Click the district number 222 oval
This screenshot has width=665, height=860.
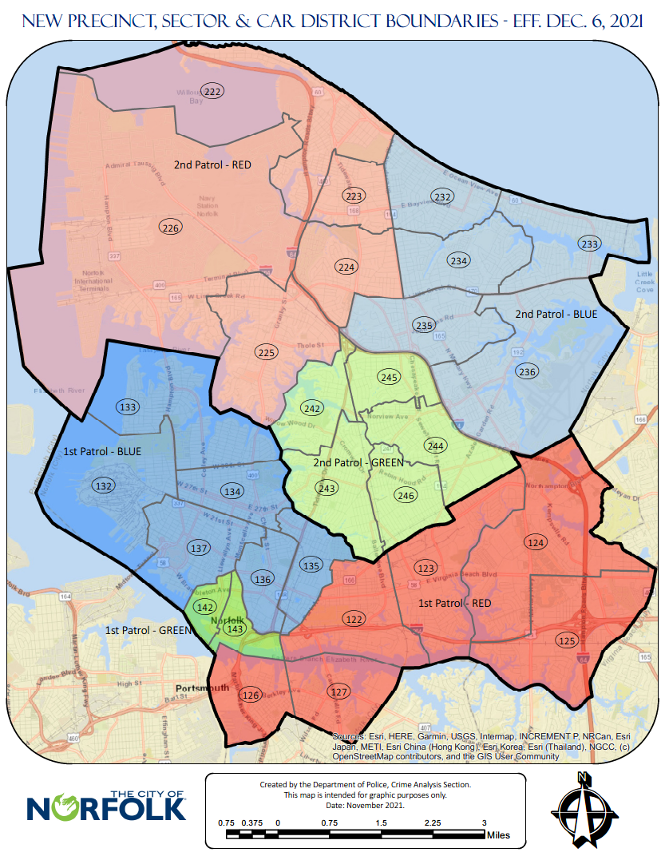[x=212, y=92]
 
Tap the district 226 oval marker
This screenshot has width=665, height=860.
[x=169, y=228]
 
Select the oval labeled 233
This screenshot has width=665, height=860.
[x=590, y=244]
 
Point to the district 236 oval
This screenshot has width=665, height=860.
[x=527, y=371]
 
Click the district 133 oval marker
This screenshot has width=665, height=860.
[x=127, y=406]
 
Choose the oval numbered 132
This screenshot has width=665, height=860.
[x=103, y=485]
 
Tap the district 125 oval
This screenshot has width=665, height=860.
[x=567, y=640]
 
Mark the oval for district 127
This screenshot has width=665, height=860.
[x=340, y=692]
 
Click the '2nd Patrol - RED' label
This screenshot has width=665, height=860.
[x=212, y=165]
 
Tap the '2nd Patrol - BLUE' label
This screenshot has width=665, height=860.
[x=556, y=314]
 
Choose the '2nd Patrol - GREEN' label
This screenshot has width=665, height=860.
[x=357, y=462]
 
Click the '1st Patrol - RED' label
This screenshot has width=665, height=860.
[x=455, y=603]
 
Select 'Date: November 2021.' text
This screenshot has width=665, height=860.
[x=365, y=805]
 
